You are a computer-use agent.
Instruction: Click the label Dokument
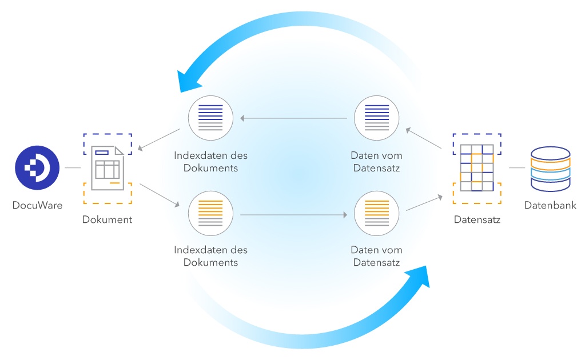[x=108, y=219]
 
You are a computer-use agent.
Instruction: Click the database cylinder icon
[x=550, y=168]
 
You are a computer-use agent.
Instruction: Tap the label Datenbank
[x=550, y=206]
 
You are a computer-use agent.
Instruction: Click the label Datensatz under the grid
[x=477, y=219]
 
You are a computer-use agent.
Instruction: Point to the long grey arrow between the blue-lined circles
[x=293, y=119]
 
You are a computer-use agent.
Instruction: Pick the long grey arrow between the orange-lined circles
[x=293, y=215]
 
